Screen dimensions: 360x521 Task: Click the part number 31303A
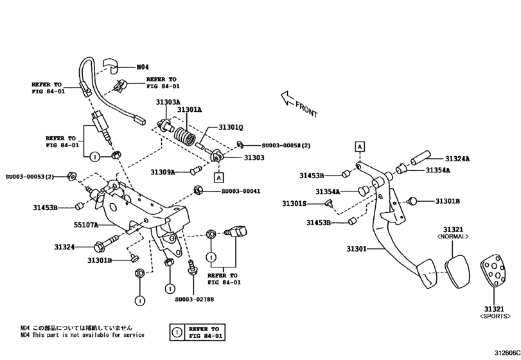click(168, 102)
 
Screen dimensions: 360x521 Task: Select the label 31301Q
click(231, 127)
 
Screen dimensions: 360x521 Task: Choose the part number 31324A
click(457, 159)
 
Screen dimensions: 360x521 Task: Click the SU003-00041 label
click(241, 191)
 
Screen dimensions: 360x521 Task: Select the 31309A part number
click(164, 172)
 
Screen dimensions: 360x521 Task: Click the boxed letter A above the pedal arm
click(360, 147)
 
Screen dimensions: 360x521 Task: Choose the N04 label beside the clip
click(142, 67)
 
